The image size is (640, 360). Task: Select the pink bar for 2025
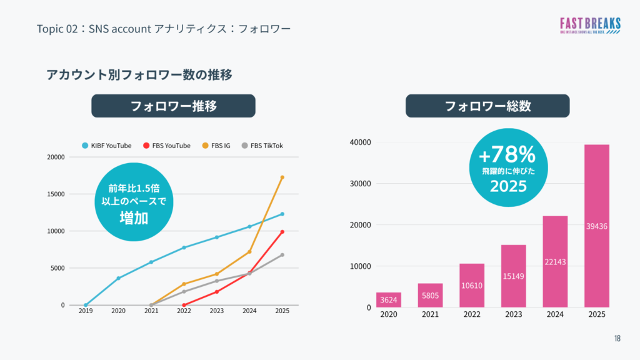click(x=596, y=226)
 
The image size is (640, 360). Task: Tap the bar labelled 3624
click(x=389, y=300)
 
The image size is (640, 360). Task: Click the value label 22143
click(x=555, y=262)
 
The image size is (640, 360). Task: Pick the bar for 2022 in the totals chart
click(x=472, y=285)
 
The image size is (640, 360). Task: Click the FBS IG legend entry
click(x=216, y=146)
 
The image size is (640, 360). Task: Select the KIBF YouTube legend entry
click(x=107, y=146)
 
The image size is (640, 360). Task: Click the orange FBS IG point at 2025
click(x=282, y=177)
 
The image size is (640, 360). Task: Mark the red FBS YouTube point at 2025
click(x=282, y=232)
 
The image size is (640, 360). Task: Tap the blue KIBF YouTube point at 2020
click(x=118, y=278)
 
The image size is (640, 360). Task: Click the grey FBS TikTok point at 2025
click(x=282, y=255)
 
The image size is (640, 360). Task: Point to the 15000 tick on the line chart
click(x=56, y=194)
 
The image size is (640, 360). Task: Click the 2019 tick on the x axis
click(x=86, y=311)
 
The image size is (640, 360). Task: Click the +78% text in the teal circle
click(x=507, y=154)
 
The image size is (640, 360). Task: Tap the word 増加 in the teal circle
click(x=133, y=217)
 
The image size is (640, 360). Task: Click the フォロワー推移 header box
click(x=173, y=106)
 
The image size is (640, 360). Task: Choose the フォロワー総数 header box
click(x=487, y=106)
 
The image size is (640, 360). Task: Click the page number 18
click(x=617, y=339)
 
